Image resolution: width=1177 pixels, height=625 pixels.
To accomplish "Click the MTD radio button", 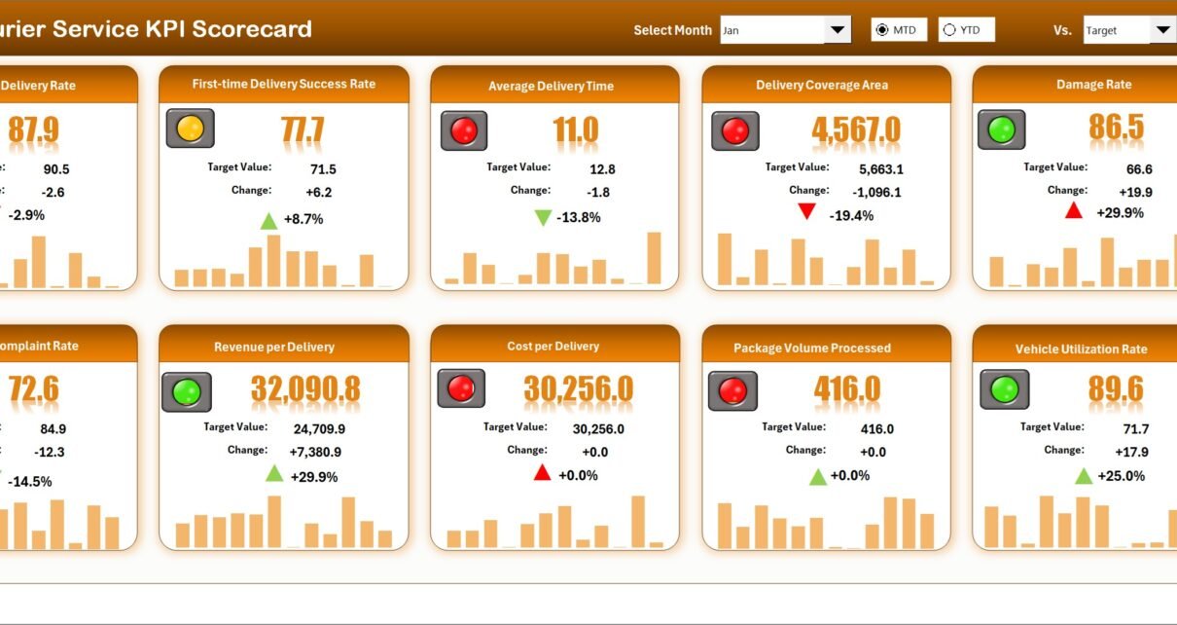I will click(882, 30).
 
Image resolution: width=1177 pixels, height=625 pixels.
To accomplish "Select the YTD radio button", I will click(949, 30).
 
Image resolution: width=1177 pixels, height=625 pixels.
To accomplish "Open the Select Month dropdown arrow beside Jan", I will click(838, 30).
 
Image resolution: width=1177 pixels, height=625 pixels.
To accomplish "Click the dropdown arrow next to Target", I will click(1163, 30).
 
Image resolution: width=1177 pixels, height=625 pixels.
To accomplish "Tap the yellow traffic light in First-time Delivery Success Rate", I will click(190, 129).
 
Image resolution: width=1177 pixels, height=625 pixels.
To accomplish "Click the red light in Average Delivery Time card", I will click(464, 130).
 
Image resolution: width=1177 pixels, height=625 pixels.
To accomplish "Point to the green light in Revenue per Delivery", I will click(186, 391).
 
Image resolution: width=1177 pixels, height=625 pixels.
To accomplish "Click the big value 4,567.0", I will click(856, 130).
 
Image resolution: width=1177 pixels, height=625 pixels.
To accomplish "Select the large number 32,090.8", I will click(305, 389).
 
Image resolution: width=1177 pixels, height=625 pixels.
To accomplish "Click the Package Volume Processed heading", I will click(812, 348).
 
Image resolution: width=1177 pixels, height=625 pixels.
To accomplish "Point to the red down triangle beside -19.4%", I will click(805, 211).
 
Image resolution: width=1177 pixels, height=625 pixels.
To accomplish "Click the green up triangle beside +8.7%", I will click(268, 221).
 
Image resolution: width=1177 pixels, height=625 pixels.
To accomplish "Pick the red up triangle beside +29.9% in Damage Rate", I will click(1074, 210).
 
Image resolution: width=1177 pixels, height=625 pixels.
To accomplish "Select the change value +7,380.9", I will click(315, 452).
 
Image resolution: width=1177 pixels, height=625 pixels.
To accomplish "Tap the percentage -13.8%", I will click(579, 217).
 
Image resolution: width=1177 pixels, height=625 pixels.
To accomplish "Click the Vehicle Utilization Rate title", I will click(1081, 349).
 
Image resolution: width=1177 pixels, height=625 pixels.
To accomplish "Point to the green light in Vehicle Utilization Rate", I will click(1004, 389).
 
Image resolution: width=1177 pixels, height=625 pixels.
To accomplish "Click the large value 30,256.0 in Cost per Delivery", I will click(578, 389).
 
